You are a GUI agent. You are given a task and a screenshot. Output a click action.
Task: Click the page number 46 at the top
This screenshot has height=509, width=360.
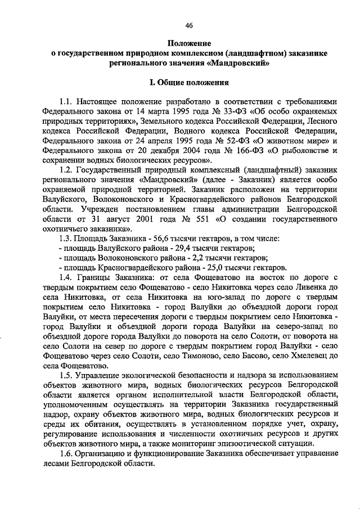(x=189, y=24)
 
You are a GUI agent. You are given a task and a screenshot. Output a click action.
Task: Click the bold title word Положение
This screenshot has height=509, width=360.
(x=189, y=43)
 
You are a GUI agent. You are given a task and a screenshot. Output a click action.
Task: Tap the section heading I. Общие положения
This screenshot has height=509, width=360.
(x=188, y=83)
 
